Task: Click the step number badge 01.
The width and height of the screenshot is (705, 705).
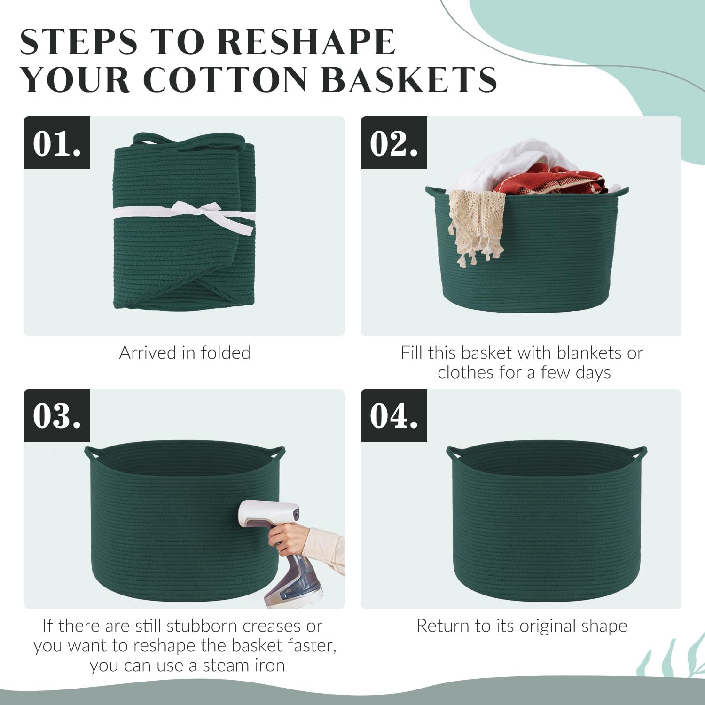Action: coord(57,143)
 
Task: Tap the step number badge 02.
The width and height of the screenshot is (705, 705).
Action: coord(394,143)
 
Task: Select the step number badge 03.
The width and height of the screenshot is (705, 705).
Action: coord(57,416)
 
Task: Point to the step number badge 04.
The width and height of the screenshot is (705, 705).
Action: coord(394,416)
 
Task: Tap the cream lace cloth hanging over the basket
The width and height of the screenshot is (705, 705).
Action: coord(475,226)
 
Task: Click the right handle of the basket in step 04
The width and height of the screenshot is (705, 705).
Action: coord(640,453)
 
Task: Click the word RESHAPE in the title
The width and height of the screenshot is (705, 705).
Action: coord(306,42)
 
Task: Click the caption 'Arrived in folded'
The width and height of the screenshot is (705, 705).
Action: coord(185,352)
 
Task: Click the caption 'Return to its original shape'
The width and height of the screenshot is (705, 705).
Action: coord(522,626)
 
